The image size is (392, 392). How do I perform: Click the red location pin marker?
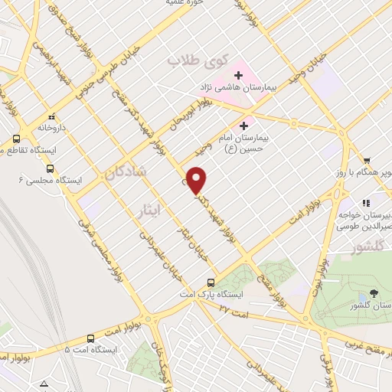click(x=198, y=181)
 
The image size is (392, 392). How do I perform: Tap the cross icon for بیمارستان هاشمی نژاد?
click(x=239, y=75)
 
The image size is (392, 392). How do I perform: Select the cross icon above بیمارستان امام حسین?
click(x=244, y=126)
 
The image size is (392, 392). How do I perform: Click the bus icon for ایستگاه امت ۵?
click(x=91, y=338)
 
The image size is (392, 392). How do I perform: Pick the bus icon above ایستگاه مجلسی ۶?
click(x=50, y=168)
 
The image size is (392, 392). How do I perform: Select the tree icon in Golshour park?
click(x=373, y=293)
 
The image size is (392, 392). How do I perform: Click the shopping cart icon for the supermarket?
click(x=367, y=160)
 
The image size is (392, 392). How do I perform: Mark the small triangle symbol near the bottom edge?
click(x=46, y=383)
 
